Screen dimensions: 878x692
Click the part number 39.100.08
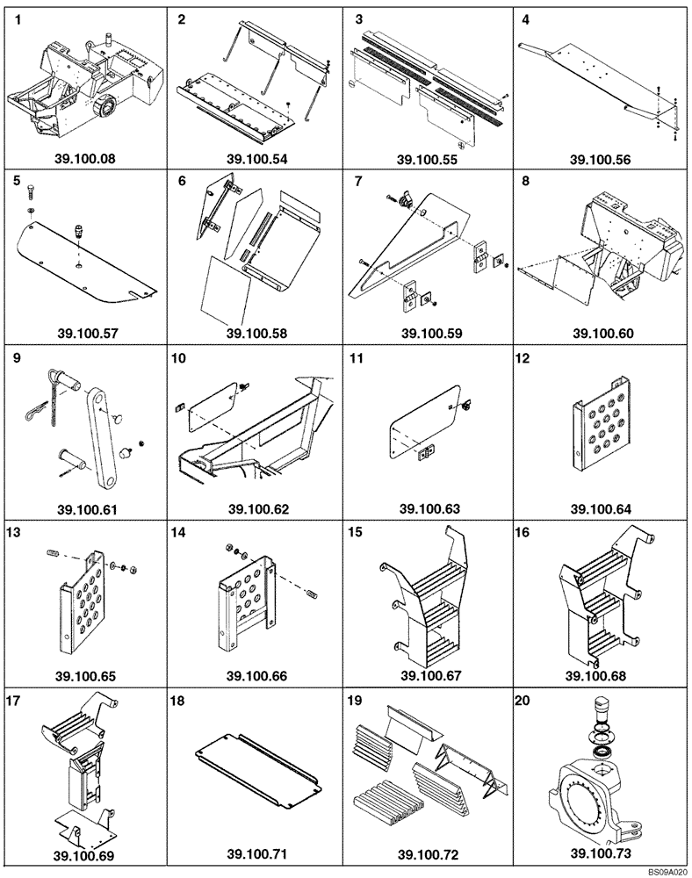tap(86, 160)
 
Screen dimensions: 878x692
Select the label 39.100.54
tap(257, 160)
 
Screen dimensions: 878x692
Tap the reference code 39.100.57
tap(86, 334)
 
